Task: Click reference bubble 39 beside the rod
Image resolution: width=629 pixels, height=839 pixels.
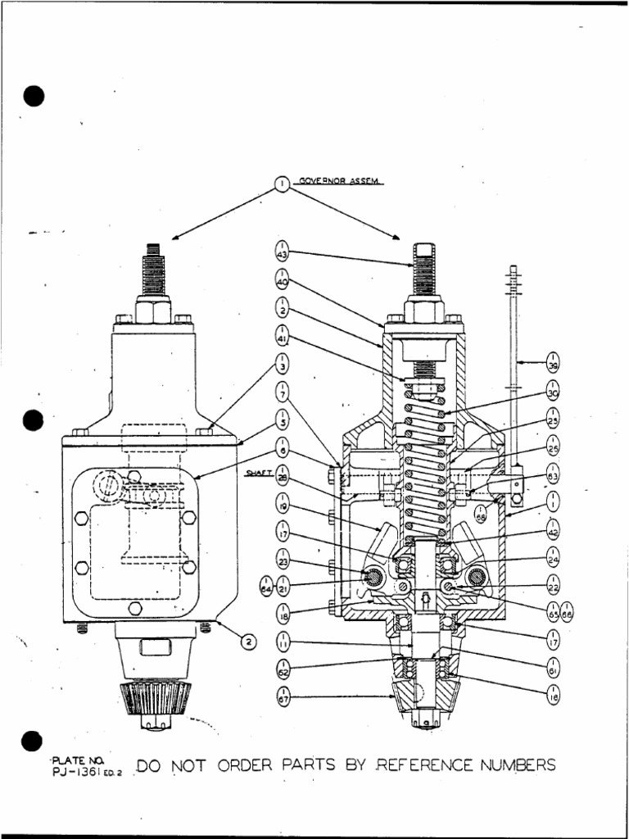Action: (x=553, y=361)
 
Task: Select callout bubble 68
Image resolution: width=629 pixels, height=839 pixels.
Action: (x=481, y=514)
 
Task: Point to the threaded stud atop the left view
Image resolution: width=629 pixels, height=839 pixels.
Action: (x=152, y=270)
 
